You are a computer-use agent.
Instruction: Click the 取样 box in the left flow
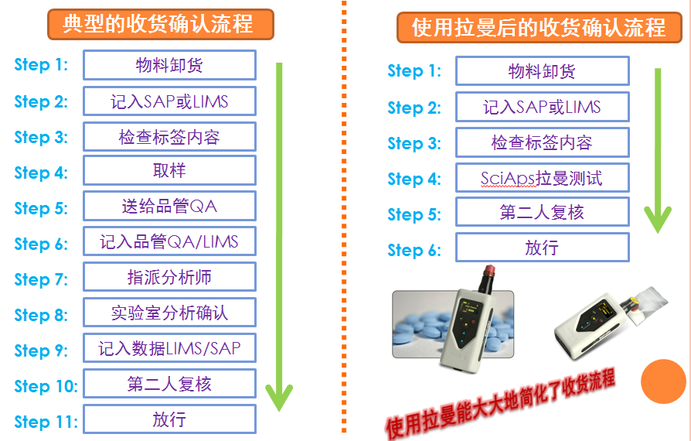click(170, 170)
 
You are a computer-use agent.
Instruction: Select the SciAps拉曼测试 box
click(542, 178)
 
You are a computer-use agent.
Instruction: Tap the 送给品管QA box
click(170, 206)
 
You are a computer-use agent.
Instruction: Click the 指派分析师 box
click(170, 277)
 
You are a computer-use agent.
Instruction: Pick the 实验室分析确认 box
click(170, 313)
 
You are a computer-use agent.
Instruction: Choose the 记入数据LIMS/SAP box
click(170, 348)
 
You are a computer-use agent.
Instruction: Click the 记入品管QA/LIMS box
click(170, 241)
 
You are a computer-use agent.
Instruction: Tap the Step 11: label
click(46, 422)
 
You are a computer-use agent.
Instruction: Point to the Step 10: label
click(46, 386)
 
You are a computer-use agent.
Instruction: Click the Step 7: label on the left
click(41, 279)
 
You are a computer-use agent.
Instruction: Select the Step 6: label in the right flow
click(414, 250)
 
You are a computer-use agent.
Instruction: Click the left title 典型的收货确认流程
click(161, 24)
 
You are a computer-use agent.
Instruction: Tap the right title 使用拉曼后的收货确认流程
click(540, 27)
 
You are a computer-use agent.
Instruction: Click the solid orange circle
click(663, 381)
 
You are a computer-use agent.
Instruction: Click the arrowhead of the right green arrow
click(658, 231)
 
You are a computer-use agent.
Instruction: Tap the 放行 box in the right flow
click(542, 248)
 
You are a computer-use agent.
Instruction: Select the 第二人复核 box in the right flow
click(542, 212)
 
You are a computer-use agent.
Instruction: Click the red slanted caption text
click(500, 405)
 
